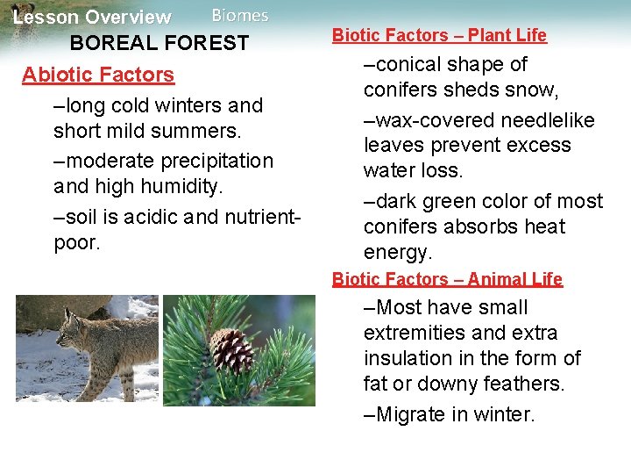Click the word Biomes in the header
[x=240, y=16]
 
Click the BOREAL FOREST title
[x=160, y=43]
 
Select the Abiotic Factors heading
[x=98, y=75]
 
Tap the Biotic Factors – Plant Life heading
[x=439, y=35]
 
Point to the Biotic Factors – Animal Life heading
[x=447, y=279]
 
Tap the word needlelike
[x=542, y=120]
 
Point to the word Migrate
[x=411, y=414]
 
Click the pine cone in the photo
[x=232, y=351]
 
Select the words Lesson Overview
[x=92, y=18]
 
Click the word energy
[x=398, y=253]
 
